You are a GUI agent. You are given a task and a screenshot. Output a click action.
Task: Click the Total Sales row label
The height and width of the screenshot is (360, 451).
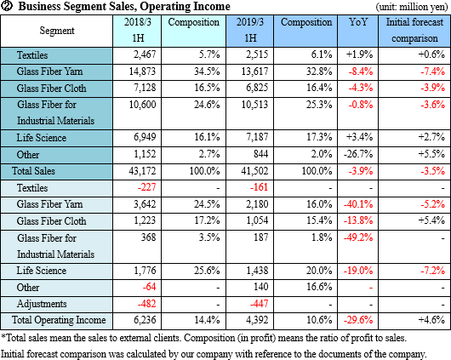33,171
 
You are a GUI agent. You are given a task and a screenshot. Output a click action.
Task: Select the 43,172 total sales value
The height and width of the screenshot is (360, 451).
142,171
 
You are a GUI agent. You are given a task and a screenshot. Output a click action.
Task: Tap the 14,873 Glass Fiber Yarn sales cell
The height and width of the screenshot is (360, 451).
142,71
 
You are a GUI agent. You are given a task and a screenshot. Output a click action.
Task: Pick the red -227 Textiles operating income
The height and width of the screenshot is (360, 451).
146,187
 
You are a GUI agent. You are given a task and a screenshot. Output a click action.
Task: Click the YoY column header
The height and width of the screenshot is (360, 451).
358,22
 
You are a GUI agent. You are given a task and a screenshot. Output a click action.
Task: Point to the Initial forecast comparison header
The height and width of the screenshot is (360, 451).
414,31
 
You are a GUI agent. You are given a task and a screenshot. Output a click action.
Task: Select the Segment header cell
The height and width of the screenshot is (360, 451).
57,31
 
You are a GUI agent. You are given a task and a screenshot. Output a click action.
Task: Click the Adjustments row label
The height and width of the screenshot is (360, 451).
42,304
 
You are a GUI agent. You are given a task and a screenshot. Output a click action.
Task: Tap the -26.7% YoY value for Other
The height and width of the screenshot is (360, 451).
358,154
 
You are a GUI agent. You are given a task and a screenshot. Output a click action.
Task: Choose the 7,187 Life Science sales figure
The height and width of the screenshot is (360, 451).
257,137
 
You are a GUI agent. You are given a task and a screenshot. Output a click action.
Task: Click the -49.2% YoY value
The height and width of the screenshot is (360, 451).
358,237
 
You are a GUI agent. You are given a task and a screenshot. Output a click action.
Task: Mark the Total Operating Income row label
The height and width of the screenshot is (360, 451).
59,320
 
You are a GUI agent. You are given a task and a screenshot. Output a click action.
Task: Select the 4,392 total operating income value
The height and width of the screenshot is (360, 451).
257,320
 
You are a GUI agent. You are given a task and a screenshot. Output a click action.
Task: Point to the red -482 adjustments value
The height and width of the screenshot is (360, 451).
146,304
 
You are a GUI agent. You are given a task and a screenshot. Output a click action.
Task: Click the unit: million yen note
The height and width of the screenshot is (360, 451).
412,7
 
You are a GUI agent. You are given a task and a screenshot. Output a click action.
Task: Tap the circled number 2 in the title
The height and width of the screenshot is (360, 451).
7,6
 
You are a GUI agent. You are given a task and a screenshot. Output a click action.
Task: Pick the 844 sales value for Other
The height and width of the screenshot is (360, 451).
260,154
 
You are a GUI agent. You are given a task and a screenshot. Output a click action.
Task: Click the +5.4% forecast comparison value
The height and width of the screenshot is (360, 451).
431,220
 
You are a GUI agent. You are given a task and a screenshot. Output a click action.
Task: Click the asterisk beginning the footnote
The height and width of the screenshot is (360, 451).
3,336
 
